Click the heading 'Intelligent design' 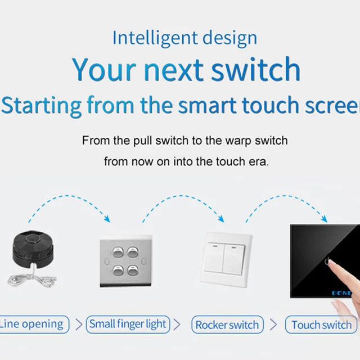tap(184, 38)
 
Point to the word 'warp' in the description tap(235, 140)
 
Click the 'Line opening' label tap(32, 324)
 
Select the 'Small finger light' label tap(128, 324)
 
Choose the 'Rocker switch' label tap(227, 325)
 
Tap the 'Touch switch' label tap(321, 325)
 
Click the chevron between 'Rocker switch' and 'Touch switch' tap(274, 325)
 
